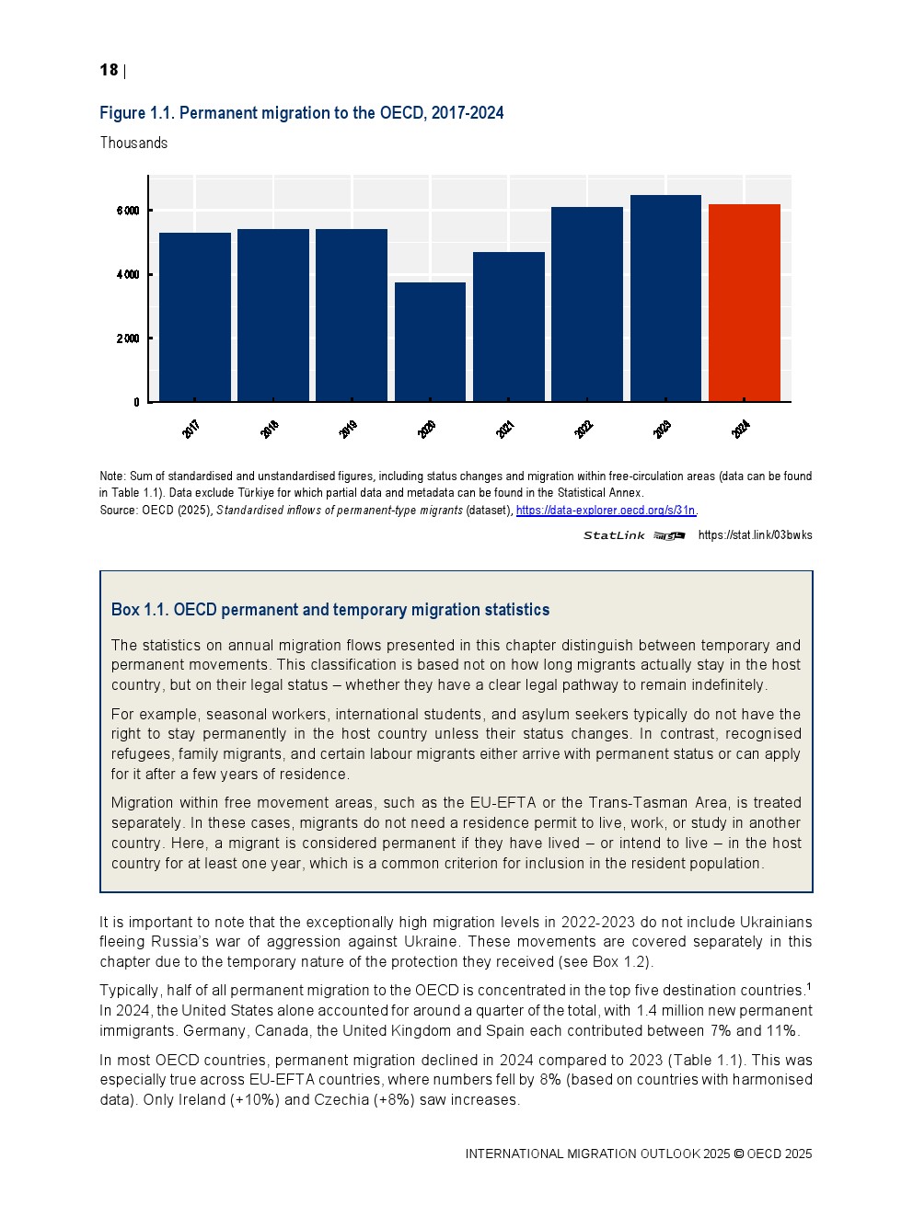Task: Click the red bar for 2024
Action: coord(744,303)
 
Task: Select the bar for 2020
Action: coord(430,341)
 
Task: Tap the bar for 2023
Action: coord(665,298)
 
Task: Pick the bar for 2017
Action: coord(194,316)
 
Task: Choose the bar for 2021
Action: coord(508,327)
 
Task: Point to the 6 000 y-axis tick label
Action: coord(128,211)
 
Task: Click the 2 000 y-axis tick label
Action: coord(128,339)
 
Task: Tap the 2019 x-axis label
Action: coord(348,429)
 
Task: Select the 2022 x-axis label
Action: coord(584,429)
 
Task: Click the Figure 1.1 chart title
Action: coord(301,113)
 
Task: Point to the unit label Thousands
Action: coord(133,143)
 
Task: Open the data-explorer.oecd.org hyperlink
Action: coord(606,510)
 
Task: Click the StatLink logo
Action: coord(633,535)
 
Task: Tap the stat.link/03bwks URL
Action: coord(755,535)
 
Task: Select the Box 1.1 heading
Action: coord(329,610)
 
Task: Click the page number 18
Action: coord(109,70)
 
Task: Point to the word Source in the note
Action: coord(118,510)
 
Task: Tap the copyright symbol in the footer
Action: coord(738,1154)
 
